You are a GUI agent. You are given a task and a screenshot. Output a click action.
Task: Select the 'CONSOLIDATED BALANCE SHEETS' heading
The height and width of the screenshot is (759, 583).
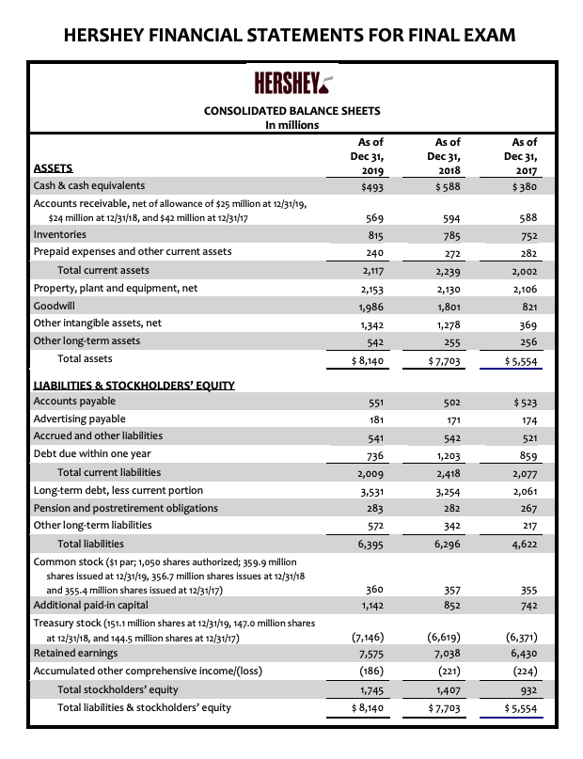(291, 111)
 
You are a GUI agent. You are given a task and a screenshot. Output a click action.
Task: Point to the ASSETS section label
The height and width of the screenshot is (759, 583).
(53, 170)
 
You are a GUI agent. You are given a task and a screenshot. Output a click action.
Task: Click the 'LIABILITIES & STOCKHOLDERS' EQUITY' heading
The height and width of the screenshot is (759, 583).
(134, 386)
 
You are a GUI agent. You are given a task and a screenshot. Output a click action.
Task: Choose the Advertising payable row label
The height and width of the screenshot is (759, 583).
(79, 419)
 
